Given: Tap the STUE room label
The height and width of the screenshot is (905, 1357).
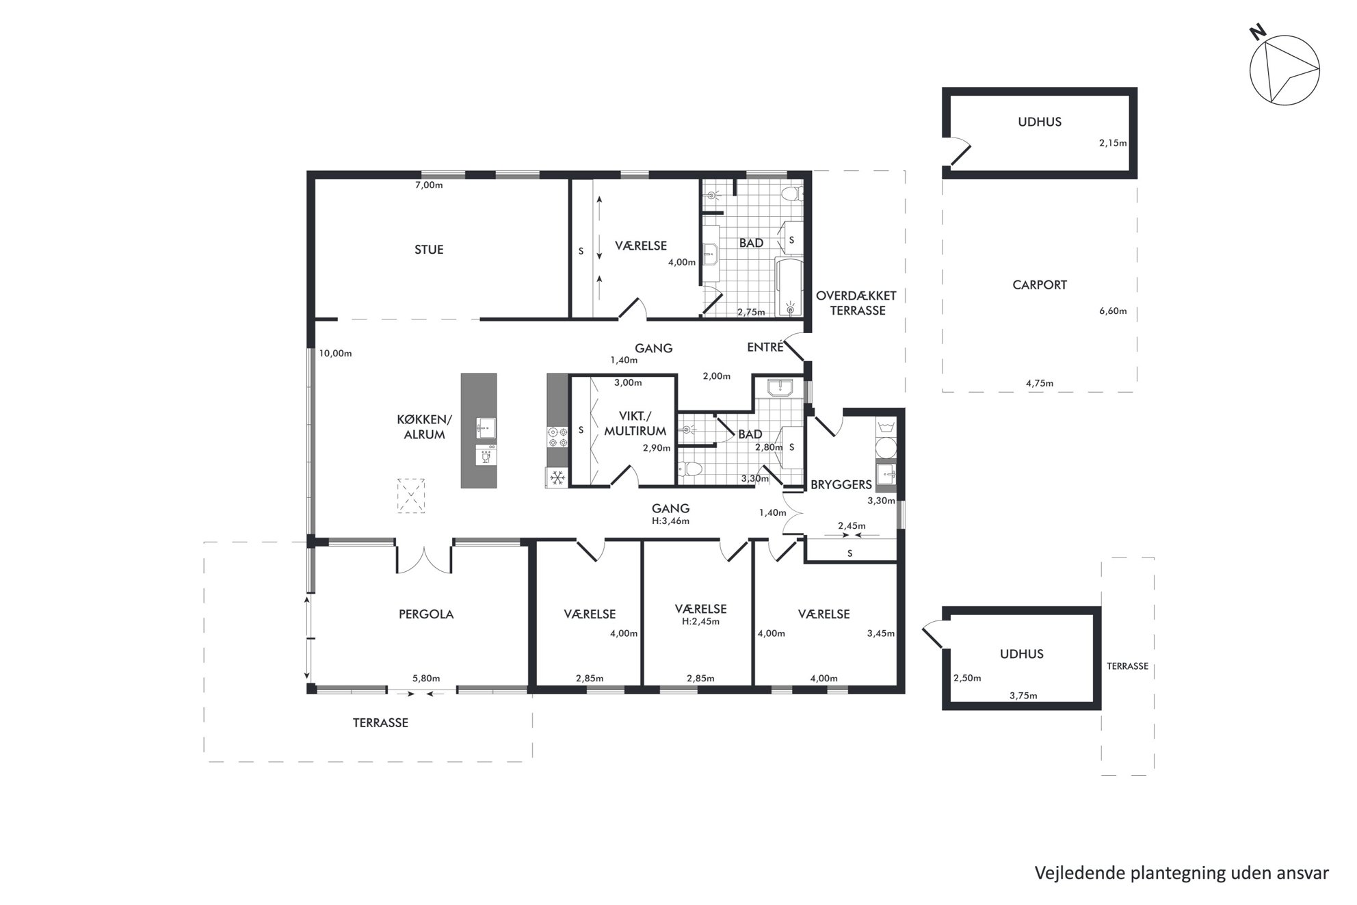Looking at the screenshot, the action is (x=429, y=250).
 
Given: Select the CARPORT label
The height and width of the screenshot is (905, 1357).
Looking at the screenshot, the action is (x=1040, y=285).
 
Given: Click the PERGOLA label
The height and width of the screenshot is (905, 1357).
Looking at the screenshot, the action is (x=426, y=614).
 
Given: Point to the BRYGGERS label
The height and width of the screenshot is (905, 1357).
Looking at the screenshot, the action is (x=841, y=485).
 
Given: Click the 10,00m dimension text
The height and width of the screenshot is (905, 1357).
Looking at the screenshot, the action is (x=335, y=354).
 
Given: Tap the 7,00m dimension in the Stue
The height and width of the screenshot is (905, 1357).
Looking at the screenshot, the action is (x=429, y=185).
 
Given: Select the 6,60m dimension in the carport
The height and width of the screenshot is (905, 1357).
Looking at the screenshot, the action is (x=1113, y=311).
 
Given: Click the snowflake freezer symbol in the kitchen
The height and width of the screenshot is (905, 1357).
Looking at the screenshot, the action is (x=557, y=476).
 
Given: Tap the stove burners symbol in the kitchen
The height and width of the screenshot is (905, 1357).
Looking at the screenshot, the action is (x=557, y=437).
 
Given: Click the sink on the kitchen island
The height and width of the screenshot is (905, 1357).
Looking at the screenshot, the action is (x=486, y=428).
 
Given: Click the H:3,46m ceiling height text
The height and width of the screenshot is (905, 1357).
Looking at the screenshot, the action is (x=670, y=521).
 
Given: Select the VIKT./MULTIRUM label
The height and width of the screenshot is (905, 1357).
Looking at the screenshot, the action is (x=635, y=423).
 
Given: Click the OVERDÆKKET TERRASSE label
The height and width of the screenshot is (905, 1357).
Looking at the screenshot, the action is (x=856, y=303).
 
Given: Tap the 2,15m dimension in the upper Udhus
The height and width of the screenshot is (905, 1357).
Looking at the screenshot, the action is (x=1113, y=144).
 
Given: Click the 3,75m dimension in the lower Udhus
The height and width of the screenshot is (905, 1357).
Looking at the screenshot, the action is (x=1023, y=696).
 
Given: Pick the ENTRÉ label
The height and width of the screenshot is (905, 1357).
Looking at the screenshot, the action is (x=765, y=347).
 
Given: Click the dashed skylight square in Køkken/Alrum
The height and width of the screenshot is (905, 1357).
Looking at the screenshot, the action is (x=411, y=496).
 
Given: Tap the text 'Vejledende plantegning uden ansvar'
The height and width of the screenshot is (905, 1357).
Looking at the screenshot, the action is (x=1181, y=873).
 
